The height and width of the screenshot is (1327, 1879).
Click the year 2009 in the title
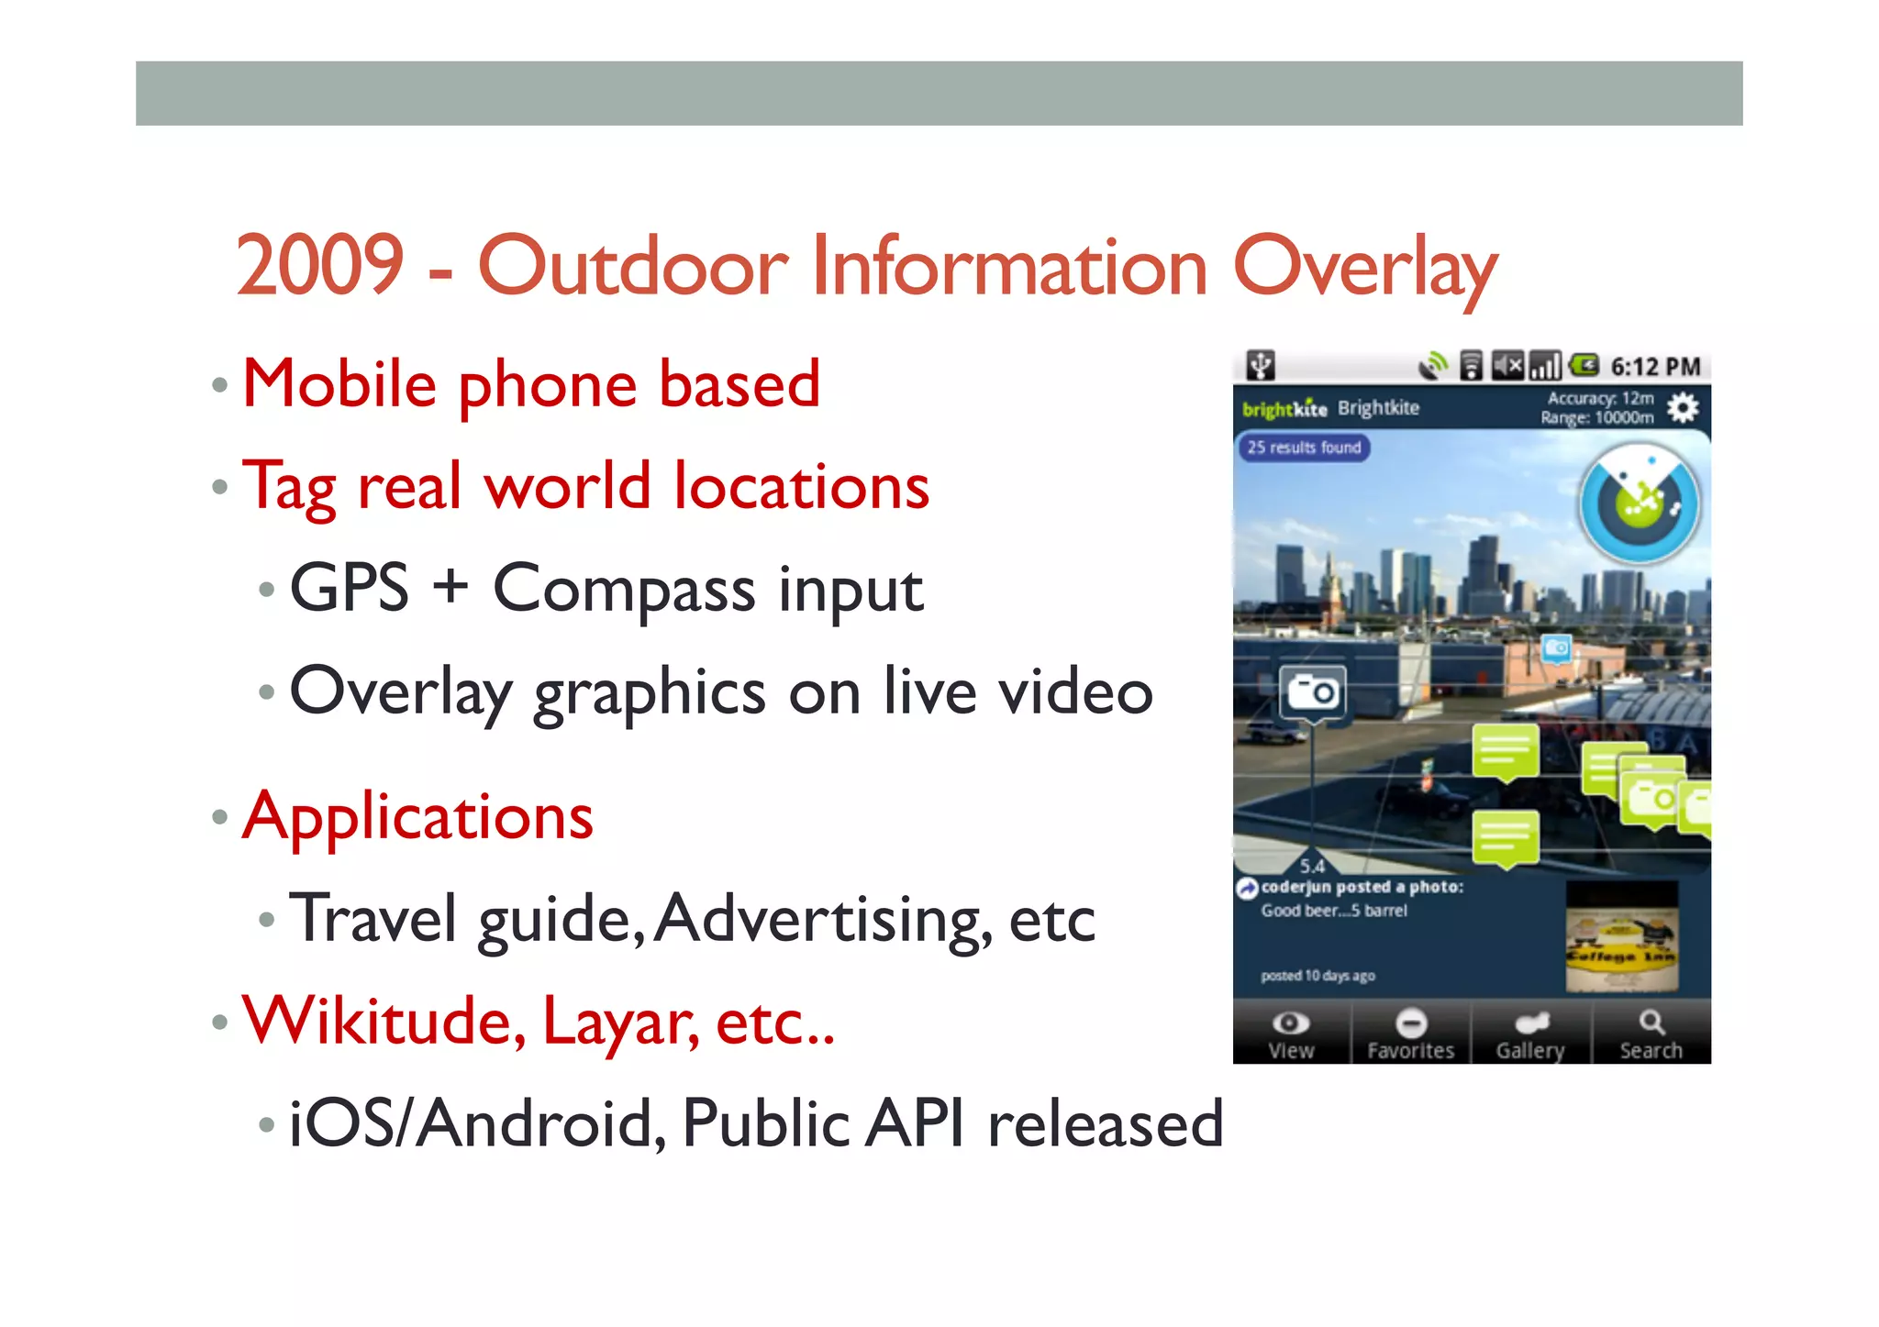tap(319, 266)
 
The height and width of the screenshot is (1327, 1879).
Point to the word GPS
tap(349, 588)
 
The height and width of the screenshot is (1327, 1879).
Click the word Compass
tap(624, 590)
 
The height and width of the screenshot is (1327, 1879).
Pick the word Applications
tap(417, 817)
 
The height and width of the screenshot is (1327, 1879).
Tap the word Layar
tap(620, 1023)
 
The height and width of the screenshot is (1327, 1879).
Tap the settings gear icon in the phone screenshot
tap(1683, 407)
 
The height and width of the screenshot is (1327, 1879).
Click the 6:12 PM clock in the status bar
tap(1655, 367)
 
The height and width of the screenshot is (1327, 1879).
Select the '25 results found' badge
tap(1303, 448)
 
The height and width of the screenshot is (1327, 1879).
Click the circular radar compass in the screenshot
tap(1639, 503)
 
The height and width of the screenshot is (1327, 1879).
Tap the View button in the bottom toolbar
tap(1291, 1034)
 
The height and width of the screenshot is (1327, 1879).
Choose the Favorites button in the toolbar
tap(1411, 1034)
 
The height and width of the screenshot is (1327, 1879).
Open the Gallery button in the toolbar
tap(1530, 1034)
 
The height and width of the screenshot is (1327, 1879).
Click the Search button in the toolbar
tap(1651, 1034)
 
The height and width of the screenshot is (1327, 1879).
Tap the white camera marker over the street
tap(1313, 692)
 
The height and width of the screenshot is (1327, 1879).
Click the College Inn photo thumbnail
tap(1621, 937)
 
